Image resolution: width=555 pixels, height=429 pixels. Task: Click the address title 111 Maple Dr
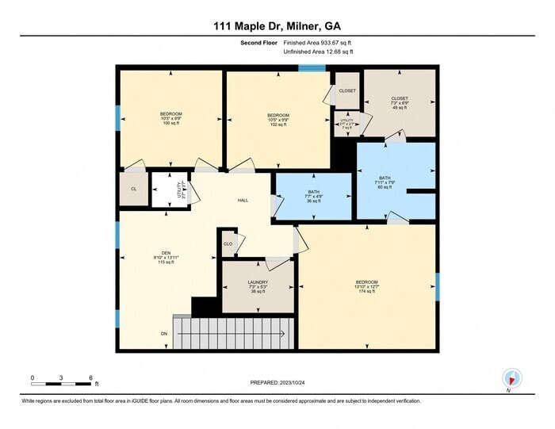[277, 26]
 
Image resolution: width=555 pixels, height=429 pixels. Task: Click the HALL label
[243, 201]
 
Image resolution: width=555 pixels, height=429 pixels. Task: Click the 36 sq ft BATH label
[313, 197]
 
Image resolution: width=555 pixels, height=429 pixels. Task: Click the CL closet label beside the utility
[133, 189]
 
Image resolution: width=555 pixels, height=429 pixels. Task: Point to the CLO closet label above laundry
[228, 244]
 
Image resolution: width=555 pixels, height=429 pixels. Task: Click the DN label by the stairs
[164, 334]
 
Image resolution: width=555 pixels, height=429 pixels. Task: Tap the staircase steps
[234, 332]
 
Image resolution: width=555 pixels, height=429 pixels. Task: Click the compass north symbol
[511, 378]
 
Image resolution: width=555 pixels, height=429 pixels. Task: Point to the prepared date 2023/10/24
[277, 384]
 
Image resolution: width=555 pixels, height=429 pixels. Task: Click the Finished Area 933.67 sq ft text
[318, 42]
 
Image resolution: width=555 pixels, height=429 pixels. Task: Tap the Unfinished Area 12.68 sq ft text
[318, 52]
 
